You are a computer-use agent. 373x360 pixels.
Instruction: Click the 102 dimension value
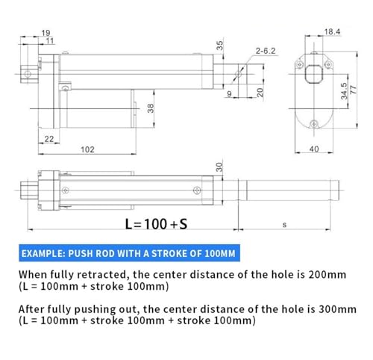point(87,149)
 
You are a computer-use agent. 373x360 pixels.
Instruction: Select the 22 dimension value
point(49,139)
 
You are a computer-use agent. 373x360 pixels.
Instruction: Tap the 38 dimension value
point(151,108)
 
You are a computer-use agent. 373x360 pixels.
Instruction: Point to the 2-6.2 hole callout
point(266,51)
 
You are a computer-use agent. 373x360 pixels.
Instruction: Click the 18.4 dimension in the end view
point(332,32)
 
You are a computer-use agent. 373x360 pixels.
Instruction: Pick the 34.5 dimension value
point(344,91)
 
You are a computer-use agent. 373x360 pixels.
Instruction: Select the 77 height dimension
point(353,90)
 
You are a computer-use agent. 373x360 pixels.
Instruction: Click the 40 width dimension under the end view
point(314,149)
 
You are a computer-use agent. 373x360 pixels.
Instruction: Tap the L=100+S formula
point(156,224)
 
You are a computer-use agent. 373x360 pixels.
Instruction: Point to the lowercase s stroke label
point(284,225)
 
